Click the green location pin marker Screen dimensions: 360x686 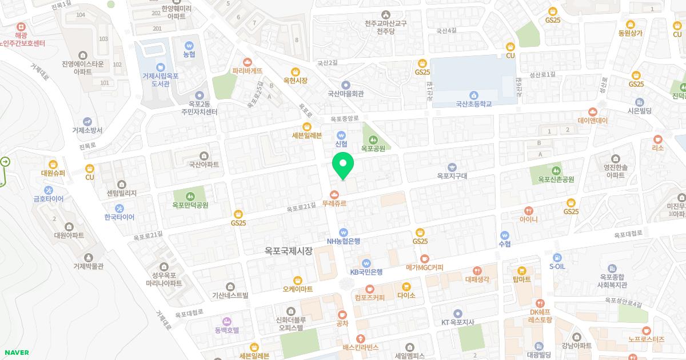[343, 165]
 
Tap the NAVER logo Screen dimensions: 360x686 [15, 353]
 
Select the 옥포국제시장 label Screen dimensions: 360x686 [289, 250]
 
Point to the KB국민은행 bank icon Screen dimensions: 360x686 [366, 263]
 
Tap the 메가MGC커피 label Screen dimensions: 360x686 [424, 267]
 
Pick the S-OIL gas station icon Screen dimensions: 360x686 [557, 257]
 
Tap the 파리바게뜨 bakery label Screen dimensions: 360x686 [248, 71]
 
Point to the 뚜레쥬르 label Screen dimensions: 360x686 [334, 203]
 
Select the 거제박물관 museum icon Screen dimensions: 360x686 [88, 257]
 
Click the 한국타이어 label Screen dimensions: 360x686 [119, 217]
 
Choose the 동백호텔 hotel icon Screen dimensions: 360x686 [227, 321]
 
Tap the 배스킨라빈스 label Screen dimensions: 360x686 [361, 347]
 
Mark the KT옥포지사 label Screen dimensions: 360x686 [458, 322]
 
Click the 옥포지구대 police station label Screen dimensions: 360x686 [452, 176]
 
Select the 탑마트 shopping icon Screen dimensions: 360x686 [521, 279]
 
